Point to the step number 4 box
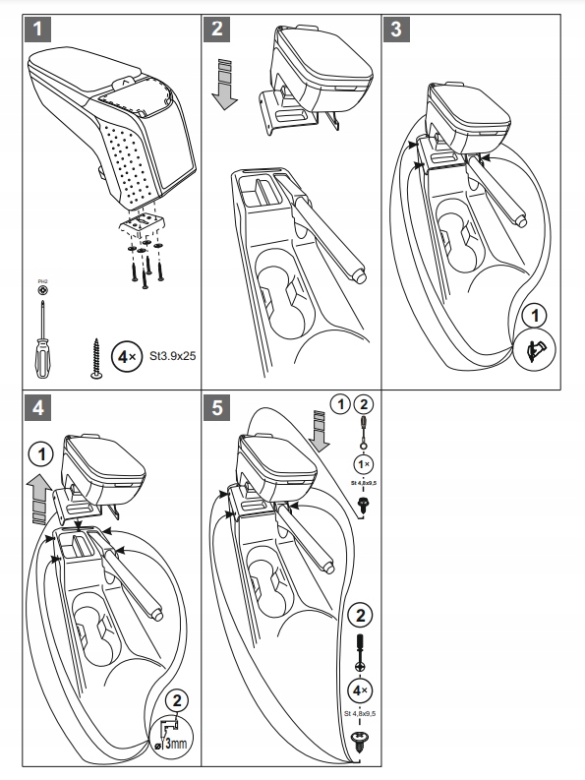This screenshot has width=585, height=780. point(38,406)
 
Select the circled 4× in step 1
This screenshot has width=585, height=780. point(127,355)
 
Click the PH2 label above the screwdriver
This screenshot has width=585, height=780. point(42,282)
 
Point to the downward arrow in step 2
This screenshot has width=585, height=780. point(225,85)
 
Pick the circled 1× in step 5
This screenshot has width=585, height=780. point(364,463)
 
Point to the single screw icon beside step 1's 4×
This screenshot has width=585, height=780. point(97,356)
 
